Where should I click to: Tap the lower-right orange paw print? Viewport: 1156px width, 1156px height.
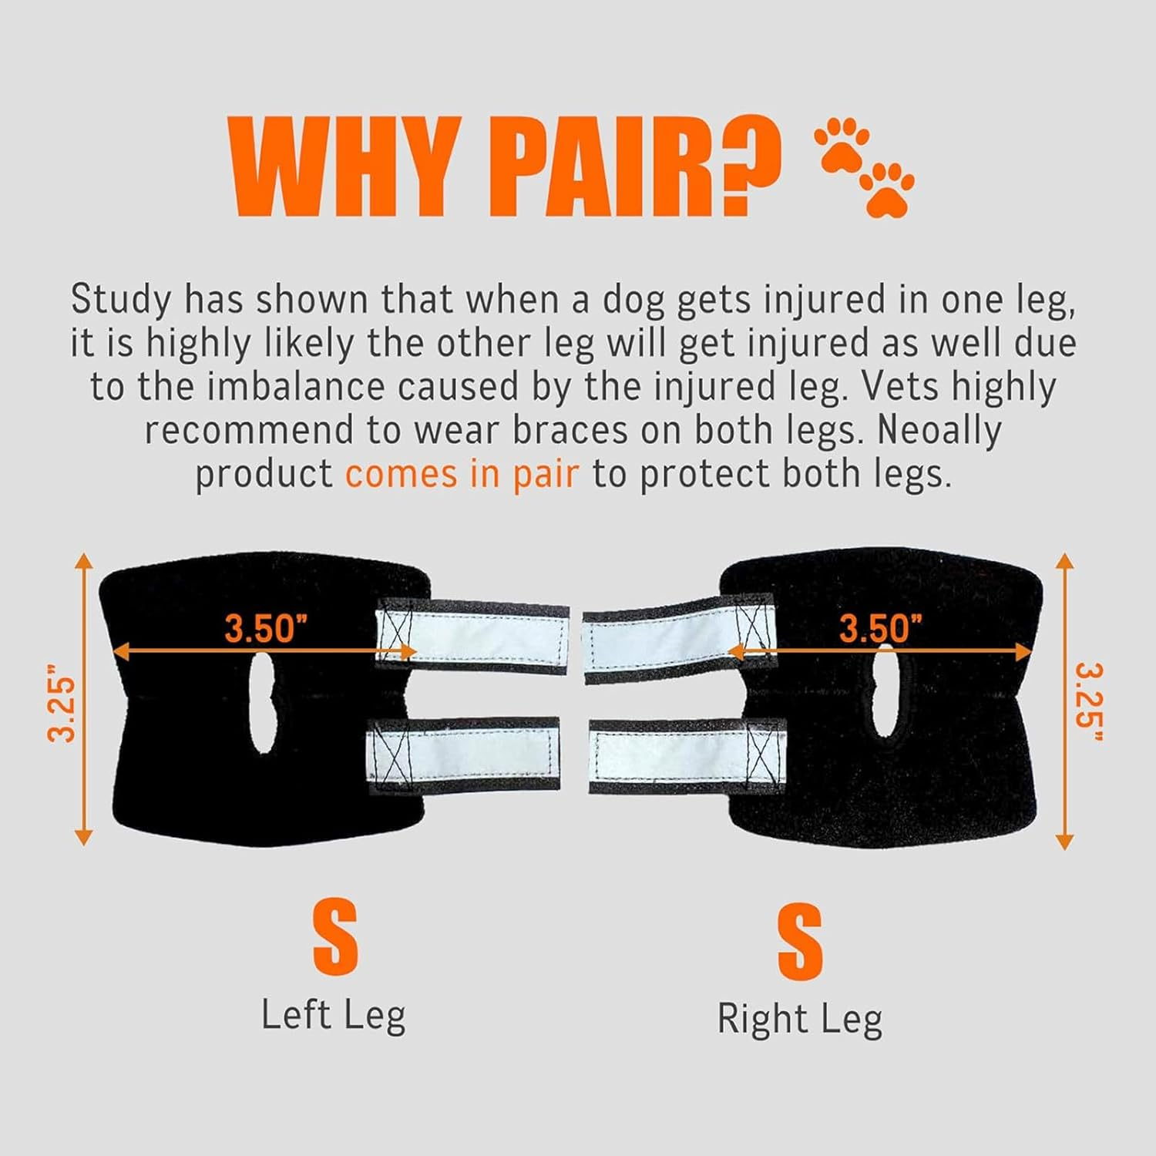[x=887, y=188]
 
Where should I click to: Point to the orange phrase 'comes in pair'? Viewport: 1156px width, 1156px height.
[x=461, y=474]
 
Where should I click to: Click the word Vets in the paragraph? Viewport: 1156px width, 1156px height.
[x=899, y=387]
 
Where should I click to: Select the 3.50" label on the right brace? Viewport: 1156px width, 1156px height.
[x=880, y=628]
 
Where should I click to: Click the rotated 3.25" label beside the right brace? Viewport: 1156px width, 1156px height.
[x=1088, y=703]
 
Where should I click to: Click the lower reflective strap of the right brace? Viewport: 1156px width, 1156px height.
[x=686, y=754]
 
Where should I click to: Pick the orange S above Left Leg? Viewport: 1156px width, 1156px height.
[x=335, y=938]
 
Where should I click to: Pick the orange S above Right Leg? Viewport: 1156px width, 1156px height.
[x=800, y=943]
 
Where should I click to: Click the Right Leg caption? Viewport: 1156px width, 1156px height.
[x=799, y=1020]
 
